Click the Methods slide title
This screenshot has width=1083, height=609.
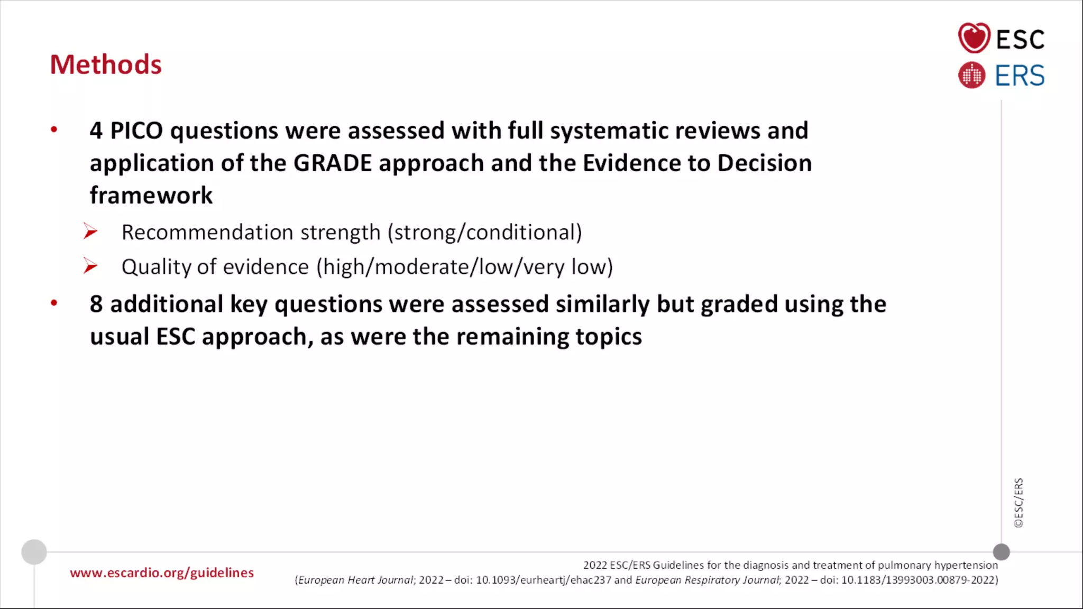[106, 64]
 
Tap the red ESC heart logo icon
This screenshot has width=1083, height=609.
[974, 38]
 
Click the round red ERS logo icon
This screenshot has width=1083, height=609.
[971, 75]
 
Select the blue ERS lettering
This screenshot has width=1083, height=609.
[1020, 76]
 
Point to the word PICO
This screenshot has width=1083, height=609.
[136, 131]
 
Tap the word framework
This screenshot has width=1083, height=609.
[151, 195]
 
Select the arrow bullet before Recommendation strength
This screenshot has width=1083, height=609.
[90, 232]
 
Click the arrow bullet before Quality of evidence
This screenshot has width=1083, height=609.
[90, 266]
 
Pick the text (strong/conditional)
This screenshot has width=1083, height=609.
[484, 233]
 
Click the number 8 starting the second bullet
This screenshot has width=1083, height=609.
[96, 304]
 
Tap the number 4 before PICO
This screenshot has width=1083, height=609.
[96, 131]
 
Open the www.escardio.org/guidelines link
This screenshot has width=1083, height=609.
[162, 573]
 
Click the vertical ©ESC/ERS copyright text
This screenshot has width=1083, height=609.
[1018, 503]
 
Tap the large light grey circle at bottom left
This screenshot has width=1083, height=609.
[34, 552]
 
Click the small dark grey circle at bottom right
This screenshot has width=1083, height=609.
[1001, 552]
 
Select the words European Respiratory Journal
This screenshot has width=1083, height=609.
[708, 580]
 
